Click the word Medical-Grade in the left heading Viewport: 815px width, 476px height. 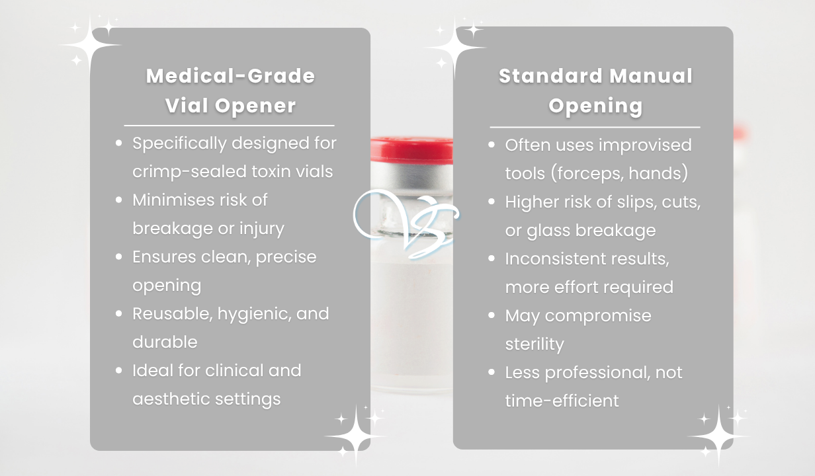point(230,76)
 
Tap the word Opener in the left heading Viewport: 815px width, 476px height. point(255,106)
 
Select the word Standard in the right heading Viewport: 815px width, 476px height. point(550,76)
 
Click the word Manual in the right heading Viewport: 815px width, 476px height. point(651,76)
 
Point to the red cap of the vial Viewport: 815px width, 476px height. point(411,149)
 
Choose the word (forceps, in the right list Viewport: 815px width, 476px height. point(587,173)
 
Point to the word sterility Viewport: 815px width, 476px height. point(535,344)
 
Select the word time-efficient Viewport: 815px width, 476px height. point(562,401)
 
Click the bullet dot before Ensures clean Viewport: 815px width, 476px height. point(118,257)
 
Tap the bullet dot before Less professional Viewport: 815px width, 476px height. point(492,372)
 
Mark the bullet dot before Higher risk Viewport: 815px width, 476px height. point(492,202)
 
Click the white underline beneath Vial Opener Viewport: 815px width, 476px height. point(229,126)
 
